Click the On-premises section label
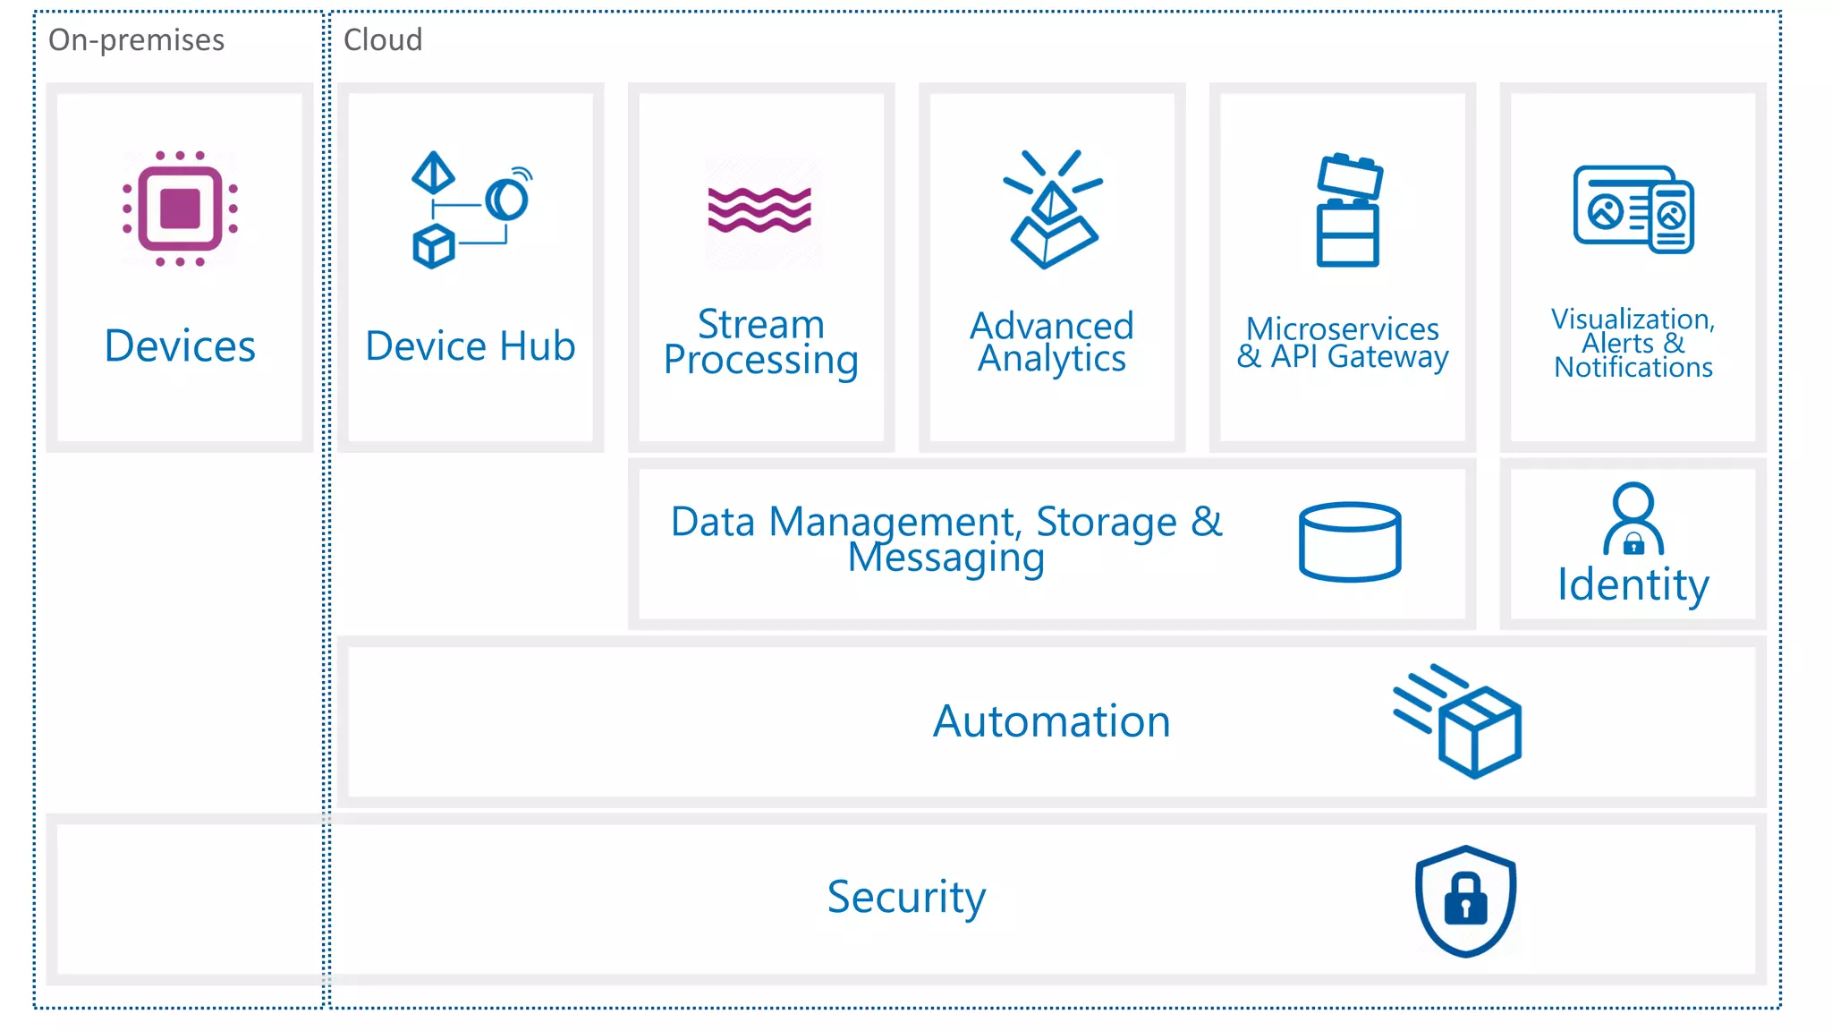pyautogui.click(x=136, y=40)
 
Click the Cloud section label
pyautogui.click(x=382, y=40)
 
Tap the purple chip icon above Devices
pyautogui.click(x=180, y=209)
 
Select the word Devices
pyautogui.click(x=180, y=346)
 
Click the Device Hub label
pyautogui.click(x=470, y=346)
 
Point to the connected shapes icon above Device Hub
pyautogui.click(x=470, y=211)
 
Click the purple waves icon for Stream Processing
pyautogui.click(x=759, y=210)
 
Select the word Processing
pyautogui.click(x=760, y=361)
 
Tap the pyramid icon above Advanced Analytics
pyautogui.click(x=1053, y=211)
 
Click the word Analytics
pyautogui.click(x=1051, y=359)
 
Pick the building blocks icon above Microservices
pyautogui.click(x=1348, y=211)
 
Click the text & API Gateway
pyautogui.click(x=1342, y=357)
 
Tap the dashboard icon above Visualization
pyautogui.click(x=1633, y=210)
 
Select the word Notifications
pyautogui.click(x=1633, y=368)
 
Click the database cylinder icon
pyautogui.click(x=1349, y=541)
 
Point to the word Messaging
pyautogui.click(x=946, y=558)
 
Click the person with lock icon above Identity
pyautogui.click(x=1633, y=519)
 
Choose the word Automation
pyautogui.click(x=1051, y=721)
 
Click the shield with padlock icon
pyautogui.click(x=1465, y=900)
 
